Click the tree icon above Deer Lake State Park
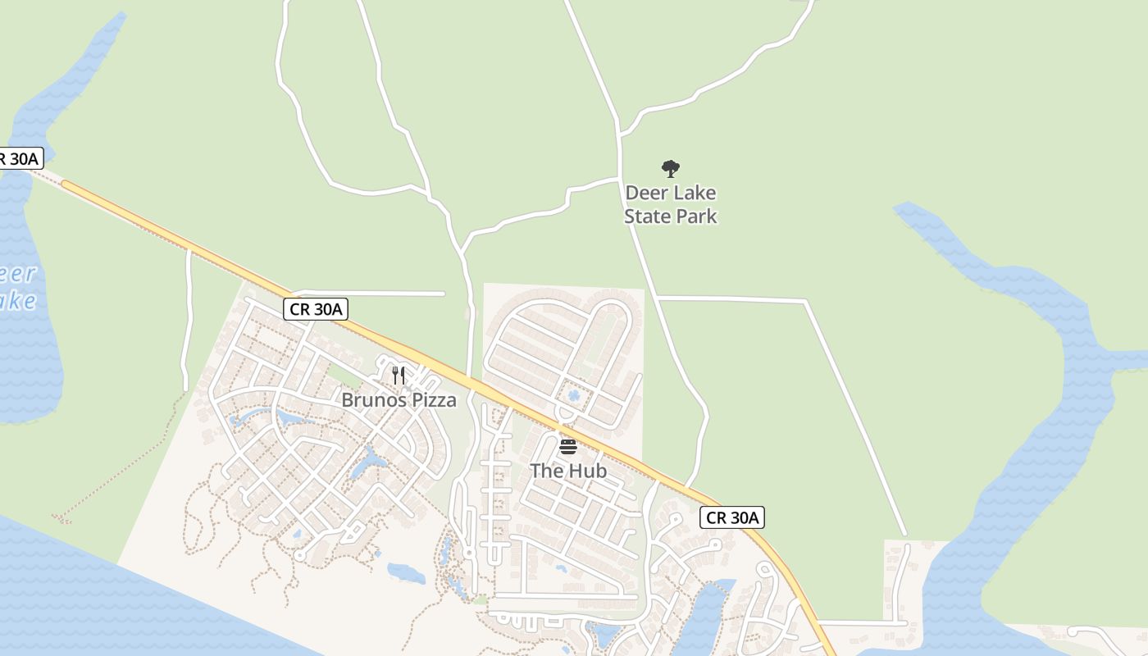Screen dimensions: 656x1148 click(x=671, y=169)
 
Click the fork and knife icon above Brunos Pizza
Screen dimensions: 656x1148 click(x=399, y=376)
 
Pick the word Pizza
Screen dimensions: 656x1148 click(x=435, y=400)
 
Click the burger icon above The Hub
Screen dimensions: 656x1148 click(x=567, y=447)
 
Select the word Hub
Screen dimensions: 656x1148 click(x=590, y=471)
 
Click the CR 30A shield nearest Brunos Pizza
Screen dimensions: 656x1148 click(x=317, y=309)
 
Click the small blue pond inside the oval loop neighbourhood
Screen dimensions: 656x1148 click(x=574, y=396)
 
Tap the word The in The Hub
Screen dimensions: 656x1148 click(x=545, y=471)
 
